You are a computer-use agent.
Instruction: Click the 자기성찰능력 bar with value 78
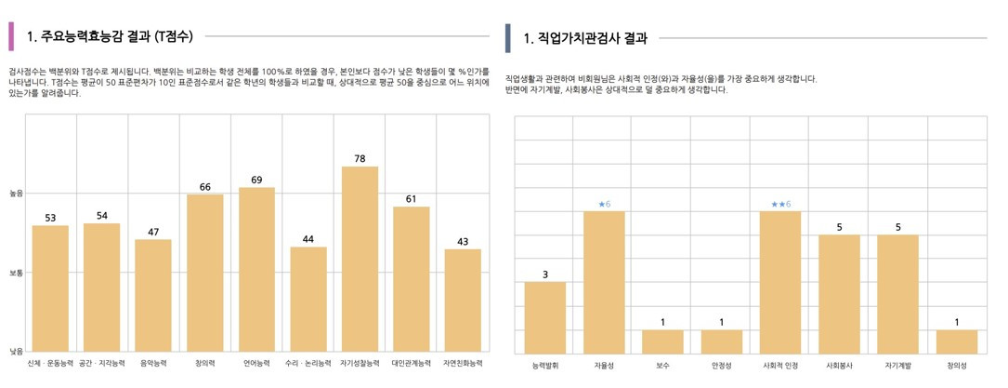pyautogui.click(x=360, y=260)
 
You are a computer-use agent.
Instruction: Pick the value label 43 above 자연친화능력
pyautogui.click(x=463, y=242)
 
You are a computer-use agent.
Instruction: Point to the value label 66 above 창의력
pyautogui.click(x=205, y=187)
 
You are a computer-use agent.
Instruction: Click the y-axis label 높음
pyautogui.click(x=16, y=194)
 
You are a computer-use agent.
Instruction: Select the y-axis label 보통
pyautogui.click(x=16, y=274)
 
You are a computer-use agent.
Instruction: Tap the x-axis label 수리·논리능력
pyautogui.click(x=308, y=363)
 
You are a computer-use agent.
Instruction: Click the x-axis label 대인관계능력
pyautogui.click(x=411, y=363)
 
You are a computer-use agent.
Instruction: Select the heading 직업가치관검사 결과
pyautogui.click(x=585, y=38)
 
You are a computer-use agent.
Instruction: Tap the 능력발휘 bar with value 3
pyautogui.click(x=545, y=317)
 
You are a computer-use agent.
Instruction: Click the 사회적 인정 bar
pyautogui.click(x=780, y=282)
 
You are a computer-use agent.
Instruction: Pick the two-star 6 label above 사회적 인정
pyautogui.click(x=780, y=204)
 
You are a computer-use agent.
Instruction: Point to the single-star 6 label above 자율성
pyautogui.click(x=604, y=204)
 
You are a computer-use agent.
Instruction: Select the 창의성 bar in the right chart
pyautogui.click(x=957, y=341)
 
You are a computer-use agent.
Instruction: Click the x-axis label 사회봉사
pyautogui.click(x=839, y=366)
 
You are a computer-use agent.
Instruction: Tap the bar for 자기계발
pyautogui.click(x=898, y=294)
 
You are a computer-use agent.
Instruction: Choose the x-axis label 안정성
pyautogui.click(x=722, y=366)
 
